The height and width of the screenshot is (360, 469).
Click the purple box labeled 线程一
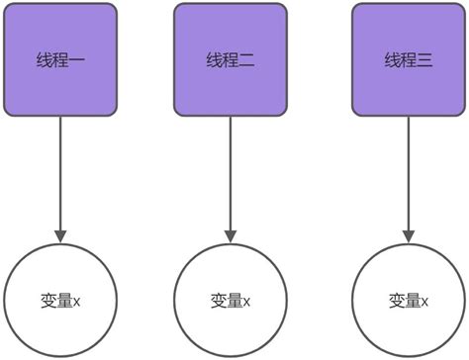point(60,58)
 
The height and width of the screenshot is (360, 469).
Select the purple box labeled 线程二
point(230,58)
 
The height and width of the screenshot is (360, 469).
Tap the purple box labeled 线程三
point(409,58)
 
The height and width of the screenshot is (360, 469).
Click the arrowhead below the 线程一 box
point(60,235)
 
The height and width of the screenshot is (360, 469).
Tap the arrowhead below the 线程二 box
point(230,235)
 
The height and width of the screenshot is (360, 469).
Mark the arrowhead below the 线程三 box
point(409,235)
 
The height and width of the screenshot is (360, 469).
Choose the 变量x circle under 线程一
point(60,300)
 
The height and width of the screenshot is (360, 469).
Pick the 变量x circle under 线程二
point(230,300)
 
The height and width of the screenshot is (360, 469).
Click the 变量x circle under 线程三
point(409,300)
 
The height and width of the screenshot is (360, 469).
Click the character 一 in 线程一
point(78,60)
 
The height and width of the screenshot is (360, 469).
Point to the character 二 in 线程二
point(247,60)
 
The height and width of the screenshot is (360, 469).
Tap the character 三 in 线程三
point(425,60)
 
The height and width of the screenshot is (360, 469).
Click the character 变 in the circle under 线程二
point(219,300)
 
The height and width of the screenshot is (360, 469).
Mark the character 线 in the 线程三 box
point(392,60)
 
